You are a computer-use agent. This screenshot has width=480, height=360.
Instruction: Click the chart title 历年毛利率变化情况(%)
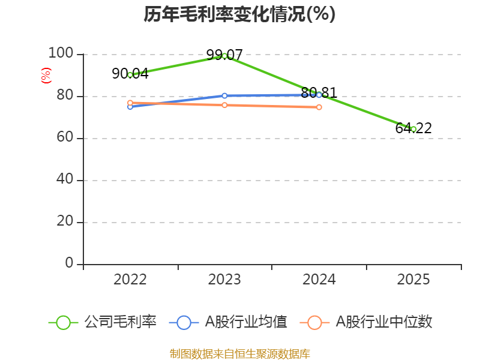(x=239, y=14)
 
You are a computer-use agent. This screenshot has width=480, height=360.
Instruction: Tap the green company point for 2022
(x=130, y=75)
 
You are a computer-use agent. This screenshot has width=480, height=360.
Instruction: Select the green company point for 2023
(x=224, y=56)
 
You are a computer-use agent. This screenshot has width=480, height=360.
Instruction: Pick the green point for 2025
(x=413, y=130)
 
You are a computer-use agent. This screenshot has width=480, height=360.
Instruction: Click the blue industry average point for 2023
(x=224, y=96)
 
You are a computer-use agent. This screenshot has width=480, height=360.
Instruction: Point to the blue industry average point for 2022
(x=130, y=107)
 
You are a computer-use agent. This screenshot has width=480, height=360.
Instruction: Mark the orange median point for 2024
(x=319, y=107)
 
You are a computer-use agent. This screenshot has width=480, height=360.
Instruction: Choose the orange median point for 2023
(x=224, y=105)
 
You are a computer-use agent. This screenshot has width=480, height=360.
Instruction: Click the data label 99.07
(x=224, y=55)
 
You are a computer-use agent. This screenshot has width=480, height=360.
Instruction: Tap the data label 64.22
(x=413, y=128)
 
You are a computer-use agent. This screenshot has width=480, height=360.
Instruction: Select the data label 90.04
(x=130, y=74)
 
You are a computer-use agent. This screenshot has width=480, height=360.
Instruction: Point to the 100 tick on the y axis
(x=61, y=53)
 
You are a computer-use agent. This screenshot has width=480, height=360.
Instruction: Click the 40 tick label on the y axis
(x=65, y=179)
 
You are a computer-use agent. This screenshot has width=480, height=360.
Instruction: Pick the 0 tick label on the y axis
(x=69, y=263)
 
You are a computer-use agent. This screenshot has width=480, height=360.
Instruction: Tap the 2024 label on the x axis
(x=319, y=280)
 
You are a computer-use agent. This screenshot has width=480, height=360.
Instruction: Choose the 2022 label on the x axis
(x=130, y=280)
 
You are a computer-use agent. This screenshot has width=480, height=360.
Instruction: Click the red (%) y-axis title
(x=46, y=76)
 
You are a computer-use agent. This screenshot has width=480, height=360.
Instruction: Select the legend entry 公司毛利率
(x=103, y=322)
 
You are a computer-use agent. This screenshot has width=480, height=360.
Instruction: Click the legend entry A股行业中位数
(x=366, y=322)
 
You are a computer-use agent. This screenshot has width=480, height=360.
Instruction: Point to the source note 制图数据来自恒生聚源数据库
(x=240, y=354)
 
